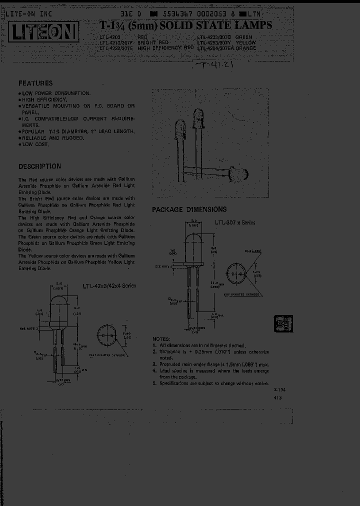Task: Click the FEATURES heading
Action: tap(35, 83)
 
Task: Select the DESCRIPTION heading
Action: tap(40, 166)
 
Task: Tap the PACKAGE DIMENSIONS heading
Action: tap(189, 209)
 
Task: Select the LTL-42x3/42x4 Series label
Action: tap(109, 286)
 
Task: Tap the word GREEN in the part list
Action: tap(244, 37)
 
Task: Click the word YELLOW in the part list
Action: tap(245, 43)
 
